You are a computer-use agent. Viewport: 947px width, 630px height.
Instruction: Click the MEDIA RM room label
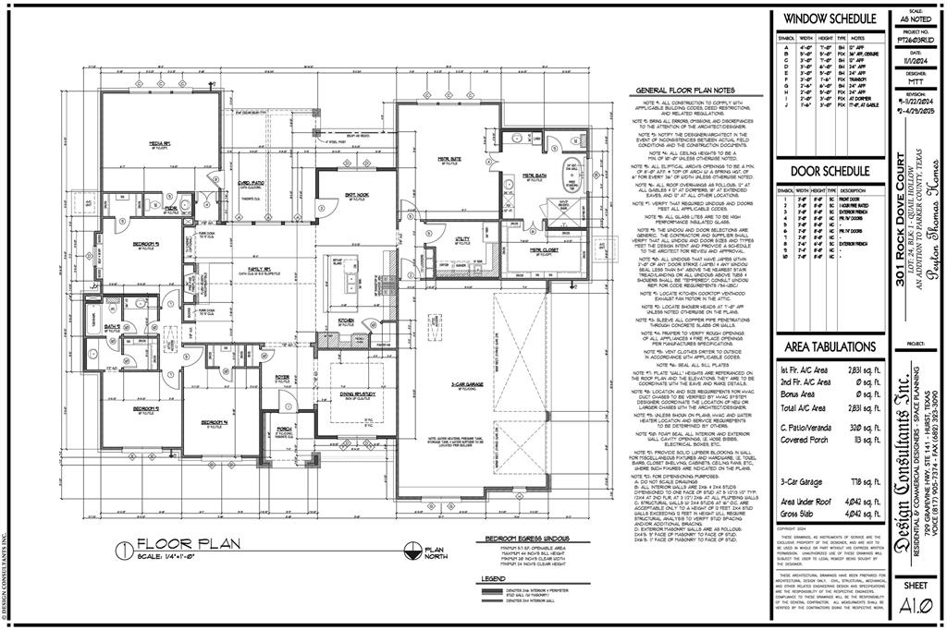pos(160,144)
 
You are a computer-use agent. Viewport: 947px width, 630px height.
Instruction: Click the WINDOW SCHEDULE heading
pos(830,18)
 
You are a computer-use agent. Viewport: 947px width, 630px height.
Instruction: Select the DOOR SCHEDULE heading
pos(830,172)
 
